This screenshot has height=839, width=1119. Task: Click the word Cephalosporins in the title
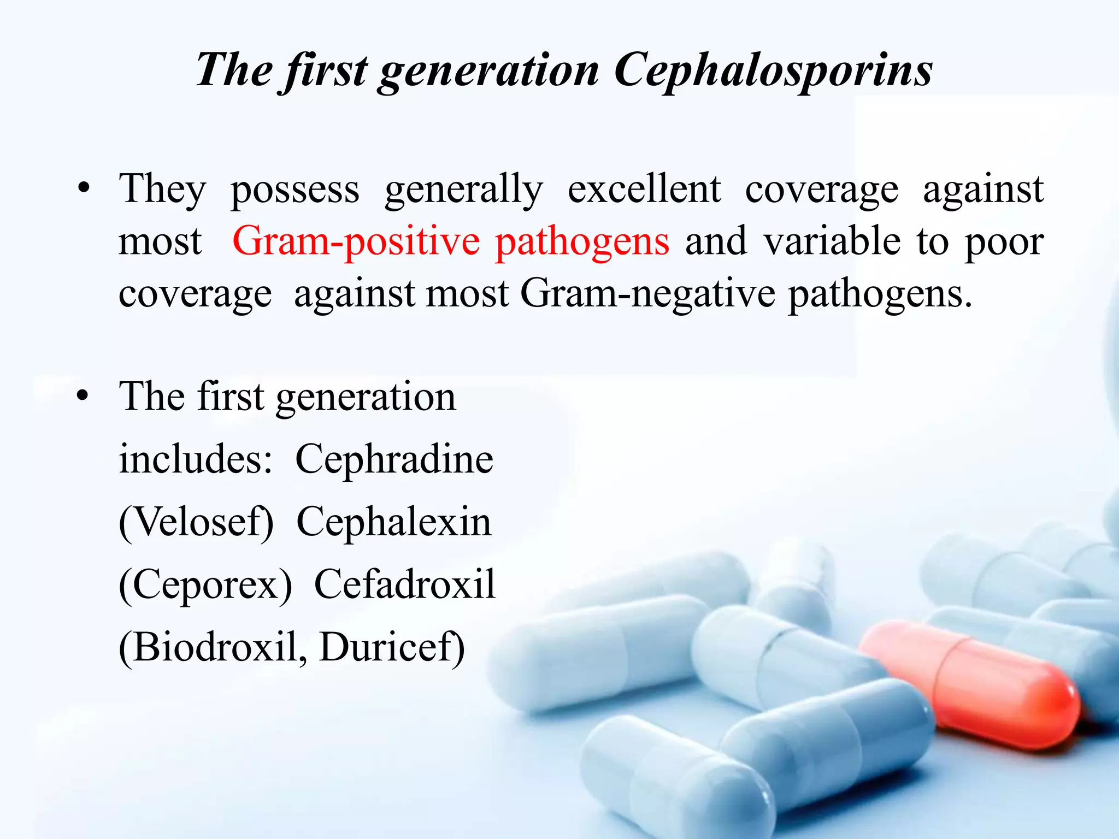point(773,71)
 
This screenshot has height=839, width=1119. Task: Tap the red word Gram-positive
point(356,241)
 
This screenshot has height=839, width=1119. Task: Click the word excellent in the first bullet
point(644,189)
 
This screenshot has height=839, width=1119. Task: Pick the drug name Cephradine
point(394,460)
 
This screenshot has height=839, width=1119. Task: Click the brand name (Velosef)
point(196,523)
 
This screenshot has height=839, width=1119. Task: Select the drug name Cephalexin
point(394,523)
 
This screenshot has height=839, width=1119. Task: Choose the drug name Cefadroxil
point(405,584)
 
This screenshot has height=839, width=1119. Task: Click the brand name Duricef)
point(392,648)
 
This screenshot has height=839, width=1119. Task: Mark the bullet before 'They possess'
point(83,189)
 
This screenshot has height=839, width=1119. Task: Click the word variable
point(832,241)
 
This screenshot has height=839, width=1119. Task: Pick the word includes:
point(196,459)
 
